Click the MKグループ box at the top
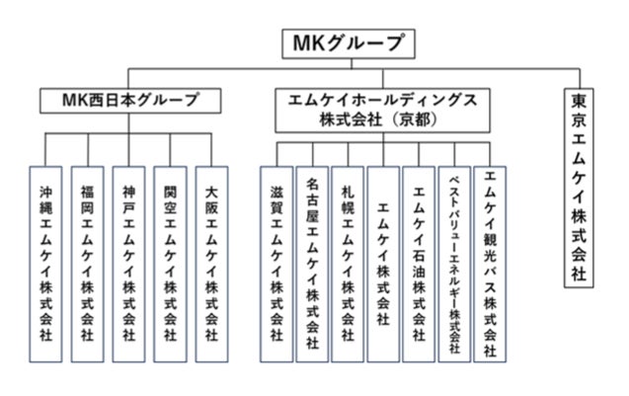350,42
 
